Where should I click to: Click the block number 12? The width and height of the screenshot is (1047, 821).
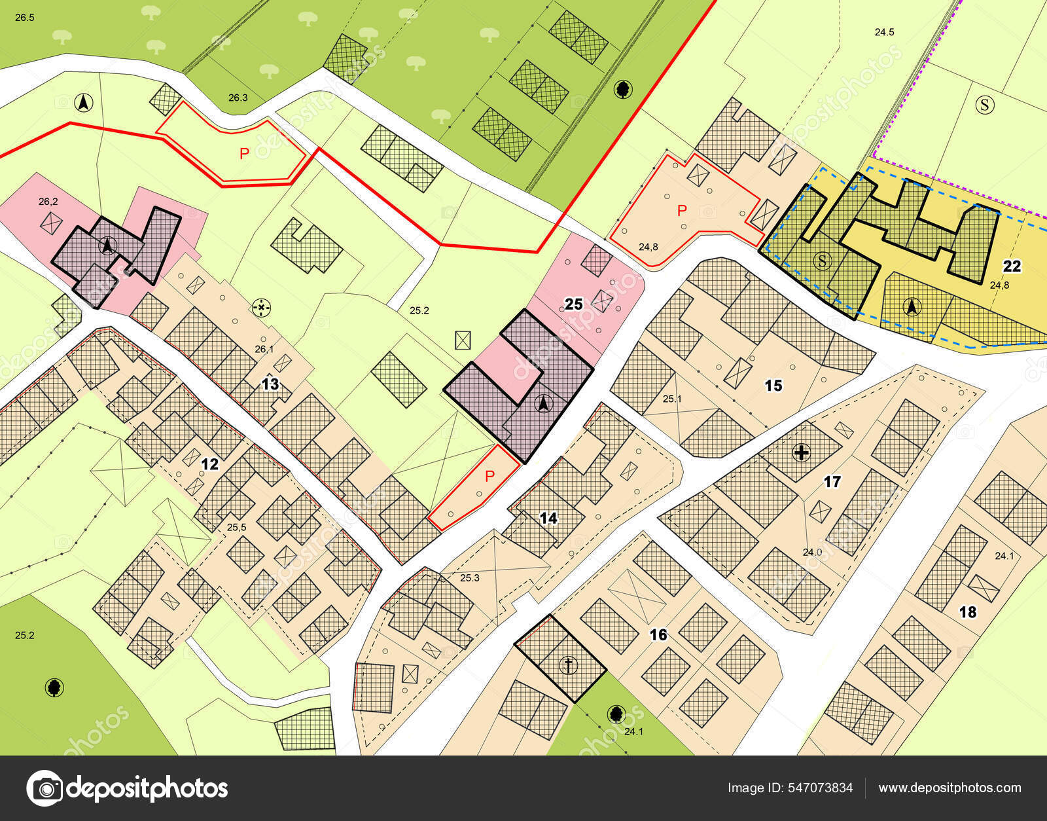209,464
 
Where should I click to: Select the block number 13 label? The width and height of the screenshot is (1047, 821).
271,384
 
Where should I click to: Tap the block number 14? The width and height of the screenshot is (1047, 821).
548,518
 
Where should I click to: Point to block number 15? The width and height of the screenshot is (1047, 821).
773,386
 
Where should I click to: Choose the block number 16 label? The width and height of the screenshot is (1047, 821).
658,634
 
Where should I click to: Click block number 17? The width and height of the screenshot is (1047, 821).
832,482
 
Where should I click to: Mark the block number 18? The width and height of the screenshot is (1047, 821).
967,612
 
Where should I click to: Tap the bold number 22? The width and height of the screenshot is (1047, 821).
1012,266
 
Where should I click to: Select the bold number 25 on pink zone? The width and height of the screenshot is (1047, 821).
574,304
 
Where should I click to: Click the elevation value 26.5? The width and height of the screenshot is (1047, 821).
24,18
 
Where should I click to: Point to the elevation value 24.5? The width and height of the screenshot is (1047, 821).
884,31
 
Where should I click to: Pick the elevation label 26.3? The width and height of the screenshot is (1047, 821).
238,98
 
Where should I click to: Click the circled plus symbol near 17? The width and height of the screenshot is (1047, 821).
801,452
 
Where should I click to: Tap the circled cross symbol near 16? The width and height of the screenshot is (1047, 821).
569,666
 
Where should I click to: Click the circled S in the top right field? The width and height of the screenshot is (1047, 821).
984,104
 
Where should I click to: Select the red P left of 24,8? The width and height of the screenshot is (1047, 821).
682,211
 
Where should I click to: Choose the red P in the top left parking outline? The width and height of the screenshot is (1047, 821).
244,154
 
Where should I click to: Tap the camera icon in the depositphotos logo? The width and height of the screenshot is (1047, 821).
44,788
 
